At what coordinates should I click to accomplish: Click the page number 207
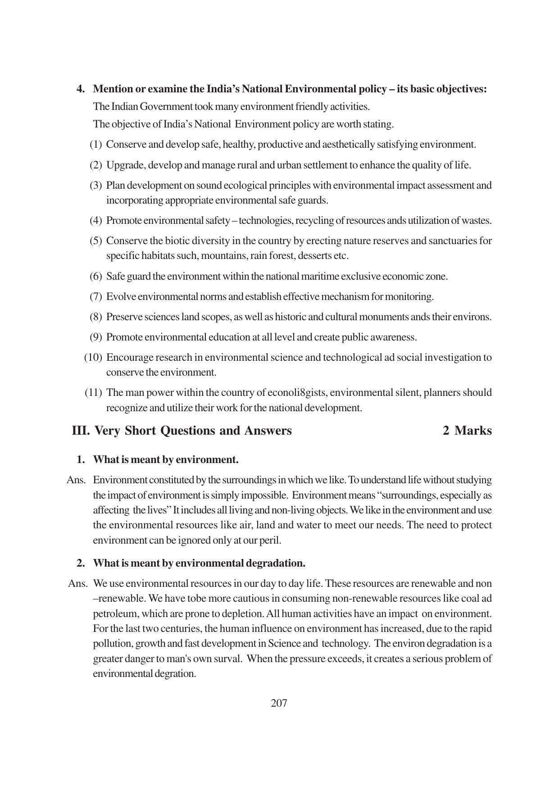click(x=279, y=703)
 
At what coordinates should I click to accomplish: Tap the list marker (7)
click(x=96, y=297)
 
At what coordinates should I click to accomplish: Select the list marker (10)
click(x=93, y=358)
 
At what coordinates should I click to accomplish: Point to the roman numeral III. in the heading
click(x=81, y=431)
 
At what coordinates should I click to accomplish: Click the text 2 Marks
click(x=467, y=431)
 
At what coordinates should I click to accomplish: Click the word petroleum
click(x=114, y=614)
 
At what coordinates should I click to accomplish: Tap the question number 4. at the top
click(x=81, y=89)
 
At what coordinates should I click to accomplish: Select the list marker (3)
click(x=96, y=186)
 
